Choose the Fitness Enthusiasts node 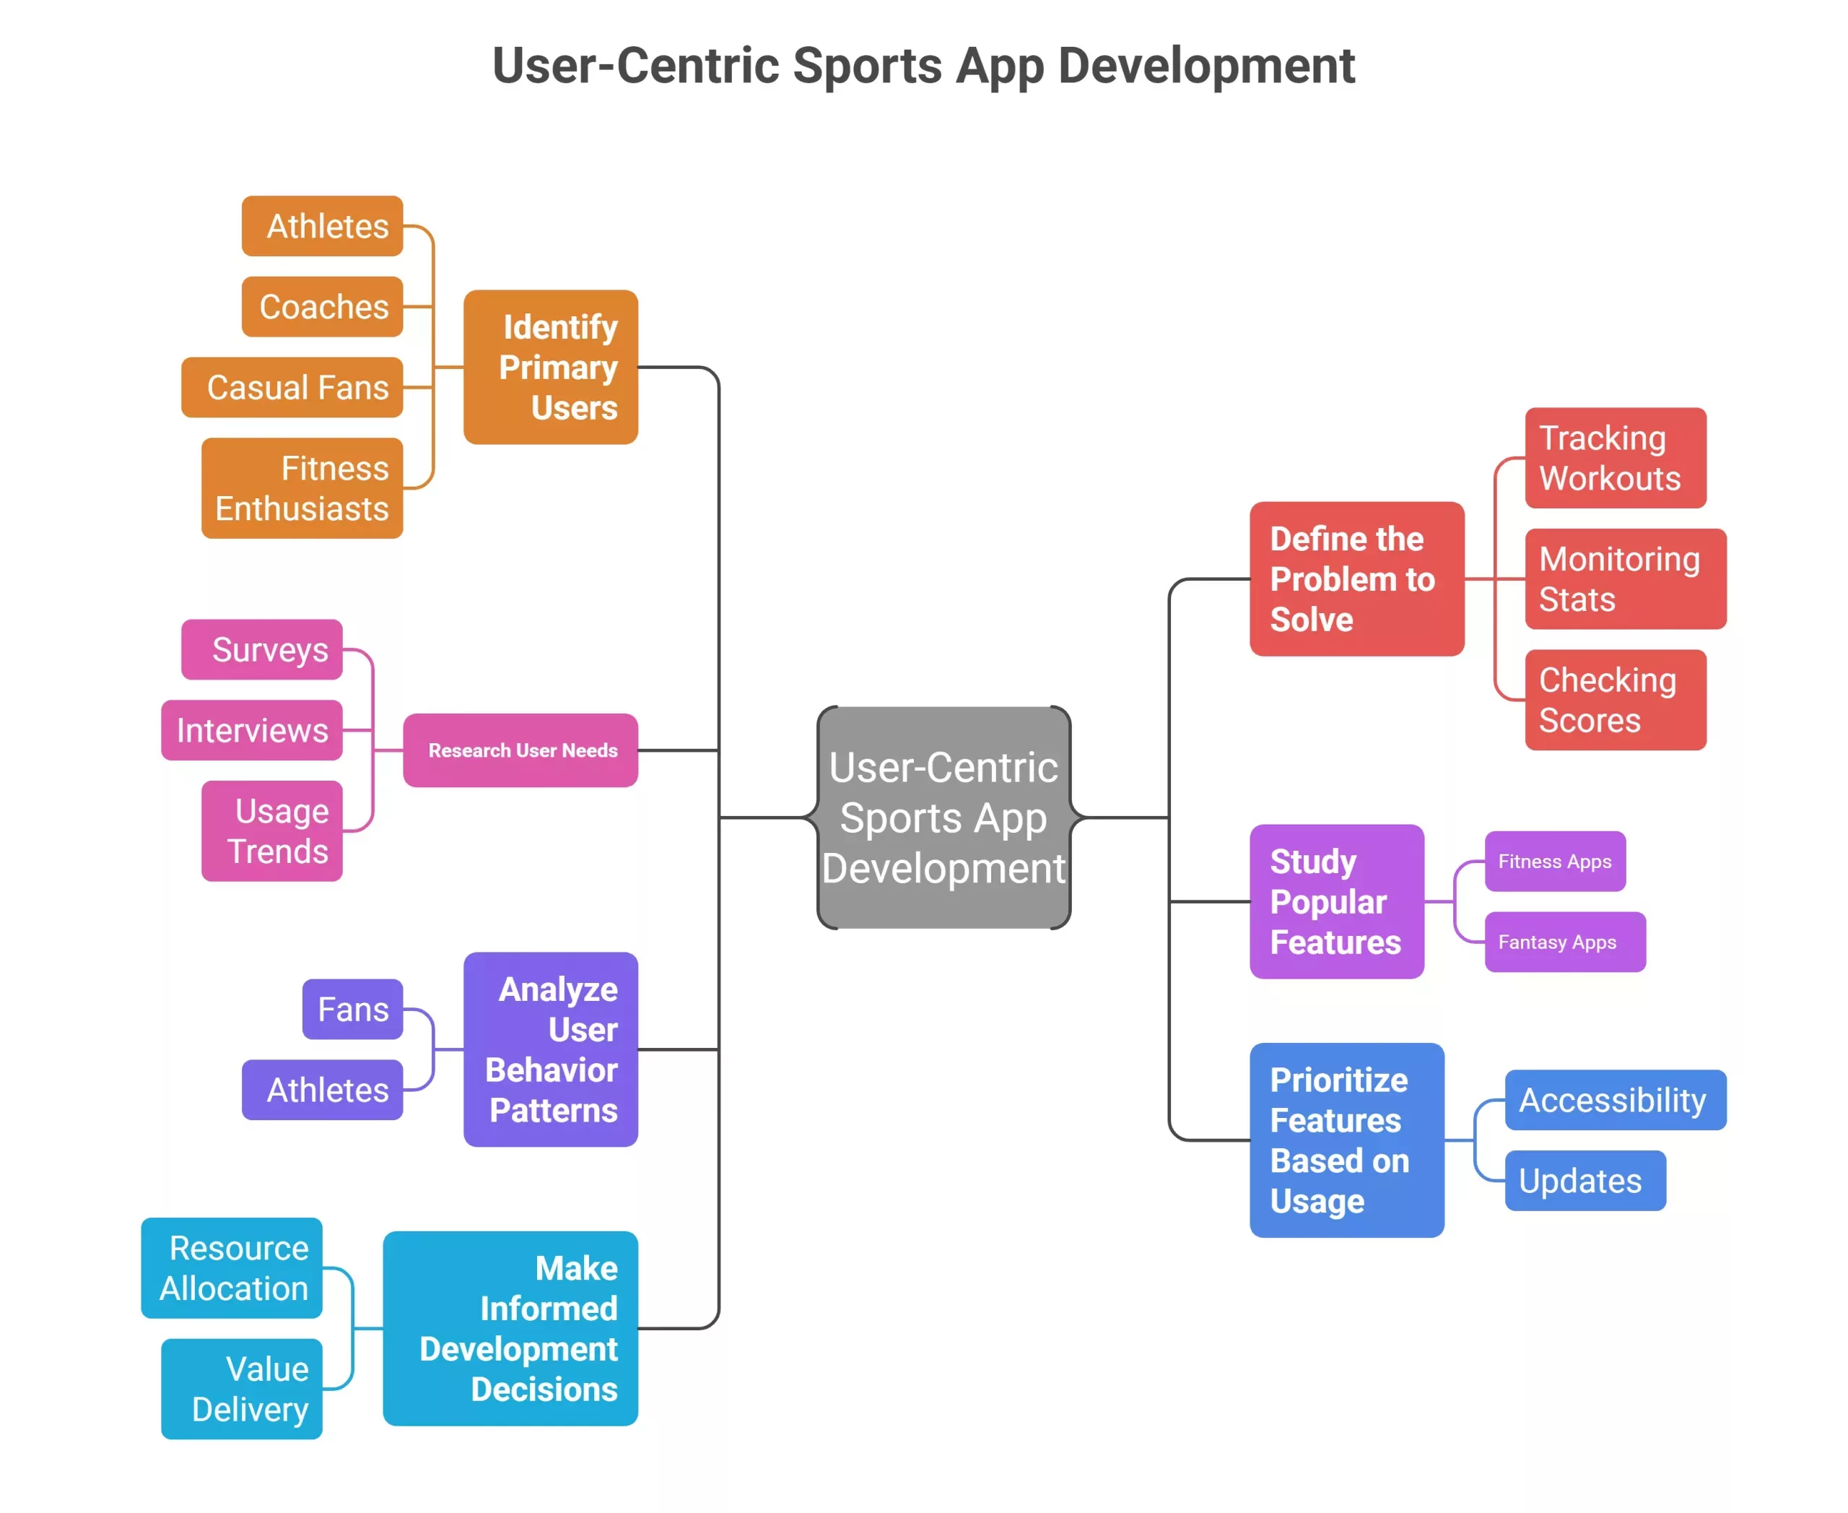302,488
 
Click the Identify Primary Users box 550,367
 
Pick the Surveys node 261,649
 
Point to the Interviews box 251,730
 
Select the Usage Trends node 272,831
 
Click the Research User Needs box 520,750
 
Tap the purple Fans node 352,1009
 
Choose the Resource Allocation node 231,1268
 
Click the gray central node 943,818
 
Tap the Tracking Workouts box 1616,458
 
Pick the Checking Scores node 1616,700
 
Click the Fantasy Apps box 1565,942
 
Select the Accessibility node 1616,1100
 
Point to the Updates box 1585,1181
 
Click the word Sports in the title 867,66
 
